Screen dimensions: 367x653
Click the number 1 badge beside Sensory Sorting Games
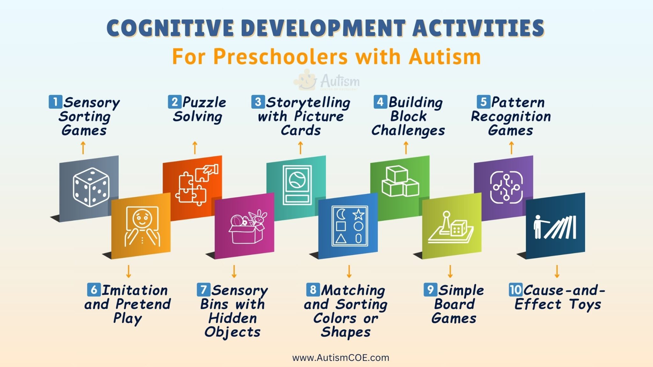[x=55, y=102]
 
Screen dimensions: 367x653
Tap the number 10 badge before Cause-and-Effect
[x=515, y=290]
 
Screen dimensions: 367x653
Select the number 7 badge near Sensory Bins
[x=203, y=290]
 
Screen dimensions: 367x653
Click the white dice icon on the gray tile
[x=91, y=187]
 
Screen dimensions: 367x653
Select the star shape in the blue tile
[x=358, y=214]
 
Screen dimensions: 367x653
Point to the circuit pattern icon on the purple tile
[x=506, y=187]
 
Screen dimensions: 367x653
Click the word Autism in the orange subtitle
[x=445, y=57]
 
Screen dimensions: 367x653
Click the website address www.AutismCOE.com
[x=341, y=358]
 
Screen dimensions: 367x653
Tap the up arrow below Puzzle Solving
[x=195, y=148]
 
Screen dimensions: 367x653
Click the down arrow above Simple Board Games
[x=450, y=271]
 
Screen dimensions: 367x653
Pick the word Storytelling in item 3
[x=308, y=103]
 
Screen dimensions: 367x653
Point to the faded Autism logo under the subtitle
[x=327, y=81]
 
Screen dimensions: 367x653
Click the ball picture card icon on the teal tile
[x=297, y=185]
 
